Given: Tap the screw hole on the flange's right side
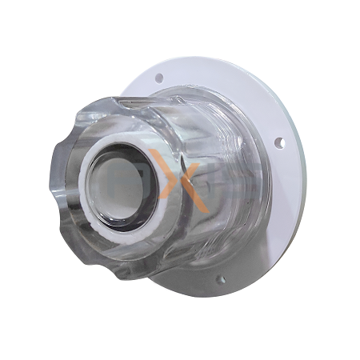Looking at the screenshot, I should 279,143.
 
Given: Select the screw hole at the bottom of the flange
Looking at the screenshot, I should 220,278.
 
